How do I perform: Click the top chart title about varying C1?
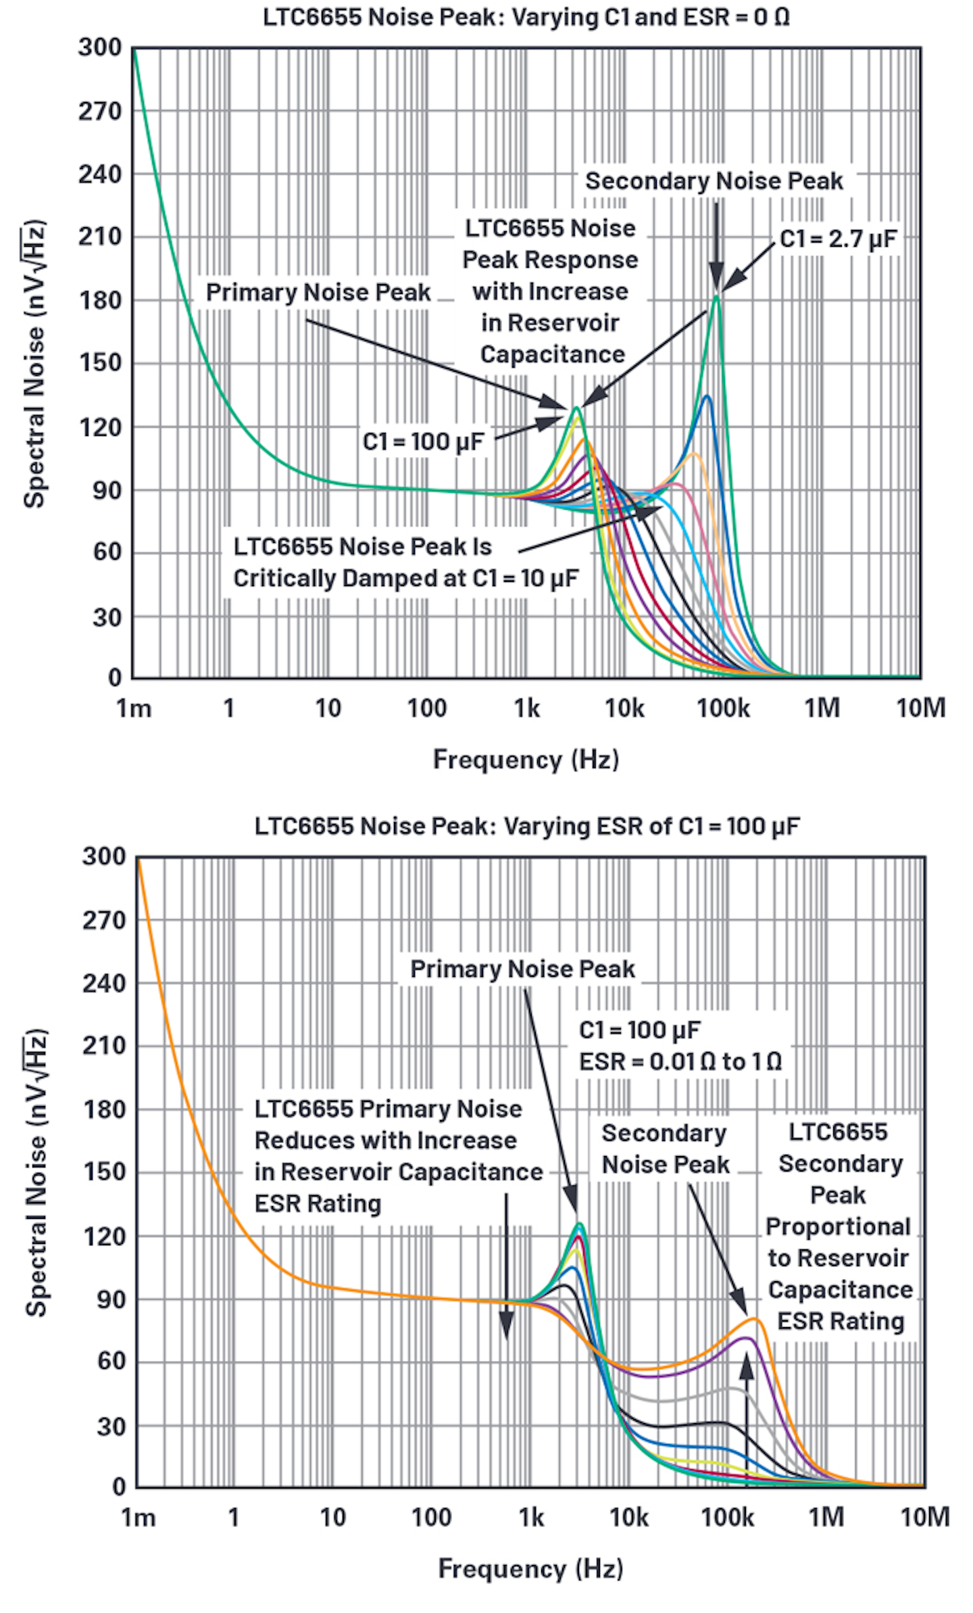(526, 17)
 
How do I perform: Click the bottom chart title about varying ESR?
(527, 826)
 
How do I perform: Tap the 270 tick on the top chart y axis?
(100, 111)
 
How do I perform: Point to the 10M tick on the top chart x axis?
(920, 708)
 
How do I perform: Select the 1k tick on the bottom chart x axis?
(531, 1518)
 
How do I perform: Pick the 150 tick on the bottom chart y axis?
(105, 1172)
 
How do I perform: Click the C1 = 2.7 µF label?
(838, 239)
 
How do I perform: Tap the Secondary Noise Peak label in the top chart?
(714, 181)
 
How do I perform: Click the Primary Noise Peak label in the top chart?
(318, 292)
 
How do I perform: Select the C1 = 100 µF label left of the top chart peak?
(423, 441)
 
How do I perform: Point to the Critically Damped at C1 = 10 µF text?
(405, 579)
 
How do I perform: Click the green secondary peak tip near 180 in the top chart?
(717, 296)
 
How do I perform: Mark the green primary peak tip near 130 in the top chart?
(576, 408)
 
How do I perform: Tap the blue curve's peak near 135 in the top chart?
(707, 396)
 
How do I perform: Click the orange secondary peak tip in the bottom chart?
(755, 1319)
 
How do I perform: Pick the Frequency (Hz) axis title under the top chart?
(526, 759)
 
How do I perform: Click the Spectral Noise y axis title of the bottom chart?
(36, 1173)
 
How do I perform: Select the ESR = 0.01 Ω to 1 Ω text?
(680, 1061)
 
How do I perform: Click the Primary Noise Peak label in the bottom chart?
(522, 969)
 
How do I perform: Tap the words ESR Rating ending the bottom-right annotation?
(840, 1320)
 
